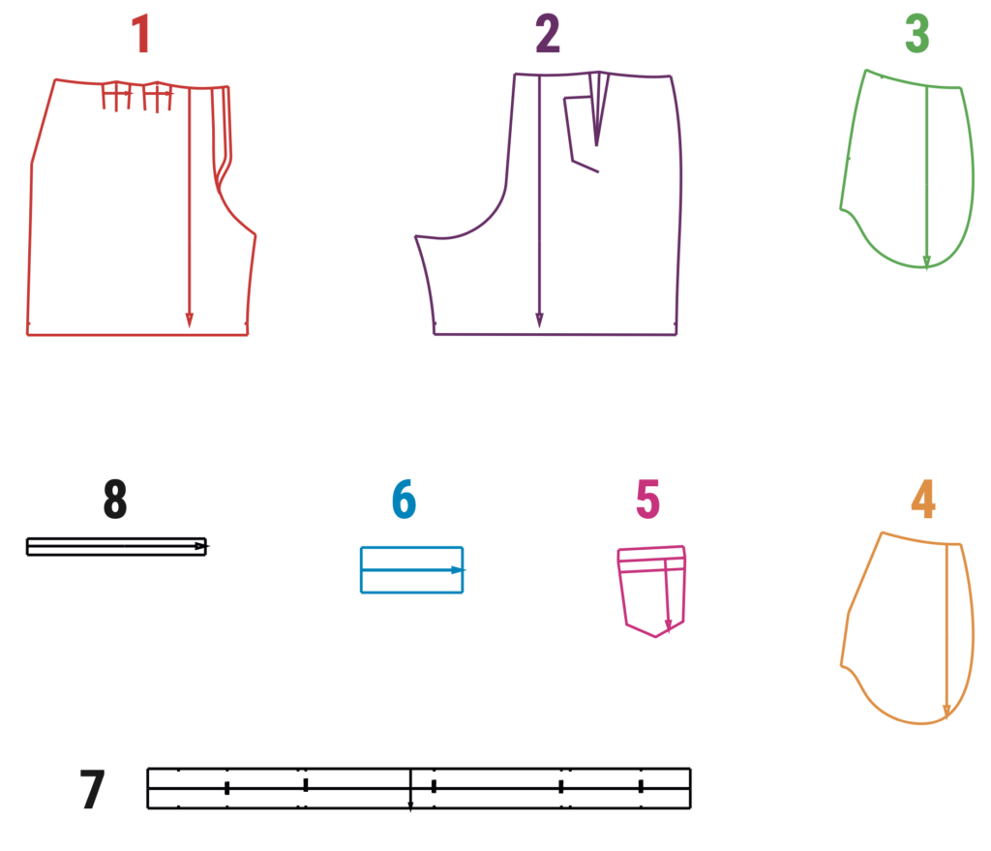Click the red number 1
click(x=140, y=34)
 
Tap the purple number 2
click(x=548, y=34)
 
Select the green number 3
click(x=917, y=34)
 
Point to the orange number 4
click(x=922, y=499)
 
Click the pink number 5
click(x=647, y=499)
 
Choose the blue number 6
click(x=404, y=499)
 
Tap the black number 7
click(x=92, y=789)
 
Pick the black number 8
click(x=115, y=499)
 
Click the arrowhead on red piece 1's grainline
click(x=189, y=319)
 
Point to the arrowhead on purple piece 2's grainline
click(x=539, y=319)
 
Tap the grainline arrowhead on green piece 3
click(x=926, y=261)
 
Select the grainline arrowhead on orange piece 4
click(x=946, y=712)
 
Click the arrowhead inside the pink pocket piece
click(x=668, y=626)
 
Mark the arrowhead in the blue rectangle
click(x=458, y=570)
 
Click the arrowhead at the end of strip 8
click(x=201, y=546)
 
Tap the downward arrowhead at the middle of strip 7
click(x=410, y=806)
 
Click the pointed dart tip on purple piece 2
click(x=596, y=145)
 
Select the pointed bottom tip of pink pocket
click(x=655, y=636)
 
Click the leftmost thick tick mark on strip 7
click(x=226, y=788)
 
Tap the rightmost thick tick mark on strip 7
click(x=641, y=786)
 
